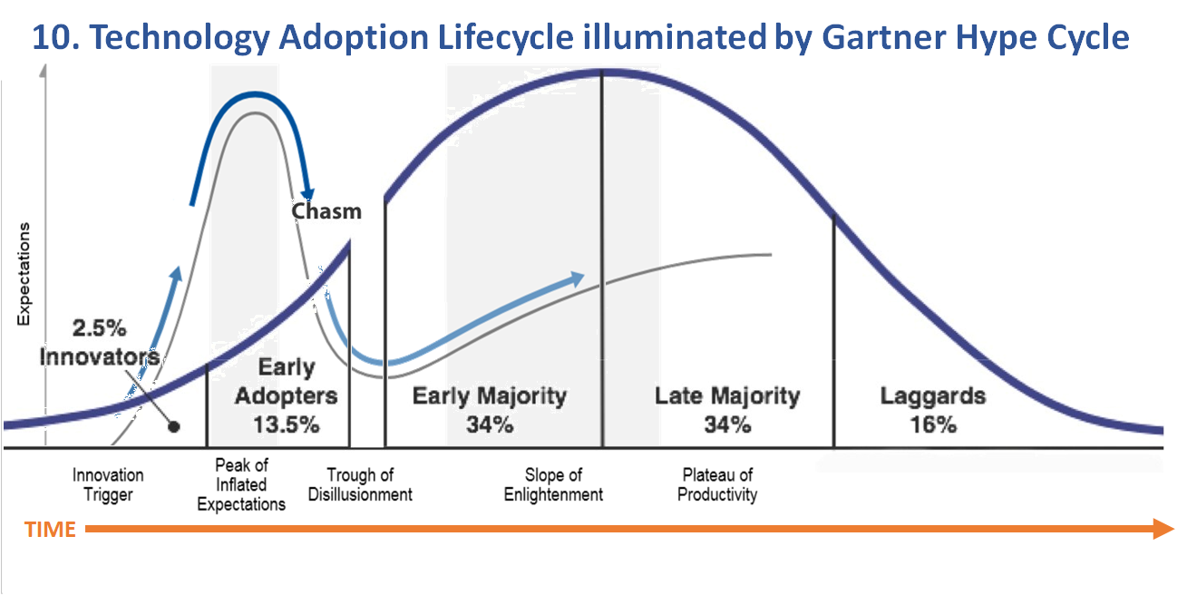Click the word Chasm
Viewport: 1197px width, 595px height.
[x=326, y=211]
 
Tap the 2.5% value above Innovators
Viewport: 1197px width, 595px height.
[x=100, y=328]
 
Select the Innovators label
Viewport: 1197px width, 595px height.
[x=100, y=357]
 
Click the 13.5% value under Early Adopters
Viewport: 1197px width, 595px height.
[x=287, y=425]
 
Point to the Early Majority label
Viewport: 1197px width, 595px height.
[x=490, y=396]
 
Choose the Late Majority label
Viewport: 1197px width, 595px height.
[x=727, y=396]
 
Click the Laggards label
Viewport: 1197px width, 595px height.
[x=933, y=396]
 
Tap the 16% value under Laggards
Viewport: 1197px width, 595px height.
[x=933, y=425]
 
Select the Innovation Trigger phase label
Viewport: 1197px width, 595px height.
[x=108, y=485]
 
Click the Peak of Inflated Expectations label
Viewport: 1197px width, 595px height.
[x=241, y=485]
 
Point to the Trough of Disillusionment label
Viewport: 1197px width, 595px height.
[x=360, y=485]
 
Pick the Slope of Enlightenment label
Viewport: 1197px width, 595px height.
[x=553, y=485]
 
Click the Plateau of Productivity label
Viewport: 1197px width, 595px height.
[x=717, y=485]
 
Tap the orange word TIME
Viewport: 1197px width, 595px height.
[x=50, y=530]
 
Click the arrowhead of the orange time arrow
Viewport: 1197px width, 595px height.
[x=1163, y=529]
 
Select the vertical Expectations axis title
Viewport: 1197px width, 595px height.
[x=24, y=274]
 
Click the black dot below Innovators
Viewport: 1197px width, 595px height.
[x=174, y=426]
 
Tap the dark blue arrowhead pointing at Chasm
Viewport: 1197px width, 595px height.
[x=307, y=194]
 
